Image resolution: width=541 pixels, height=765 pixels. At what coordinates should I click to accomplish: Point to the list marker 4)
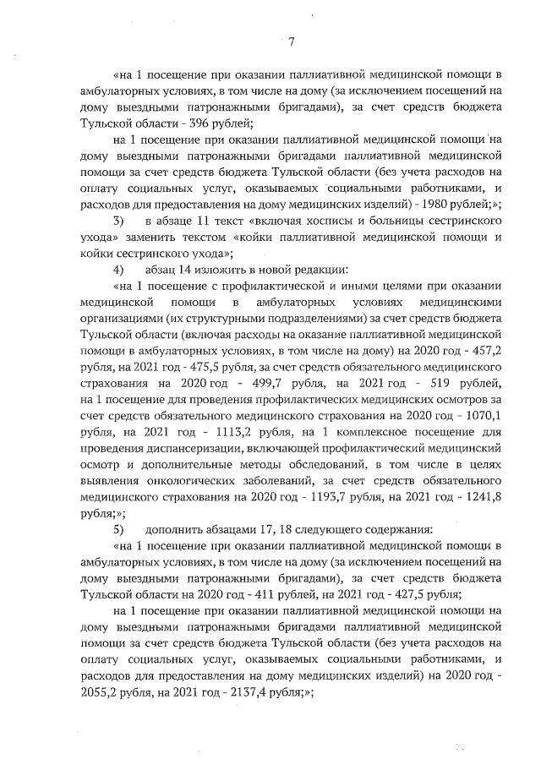click(118, 270)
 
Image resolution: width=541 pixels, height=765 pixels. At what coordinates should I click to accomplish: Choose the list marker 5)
click(118, 529)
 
